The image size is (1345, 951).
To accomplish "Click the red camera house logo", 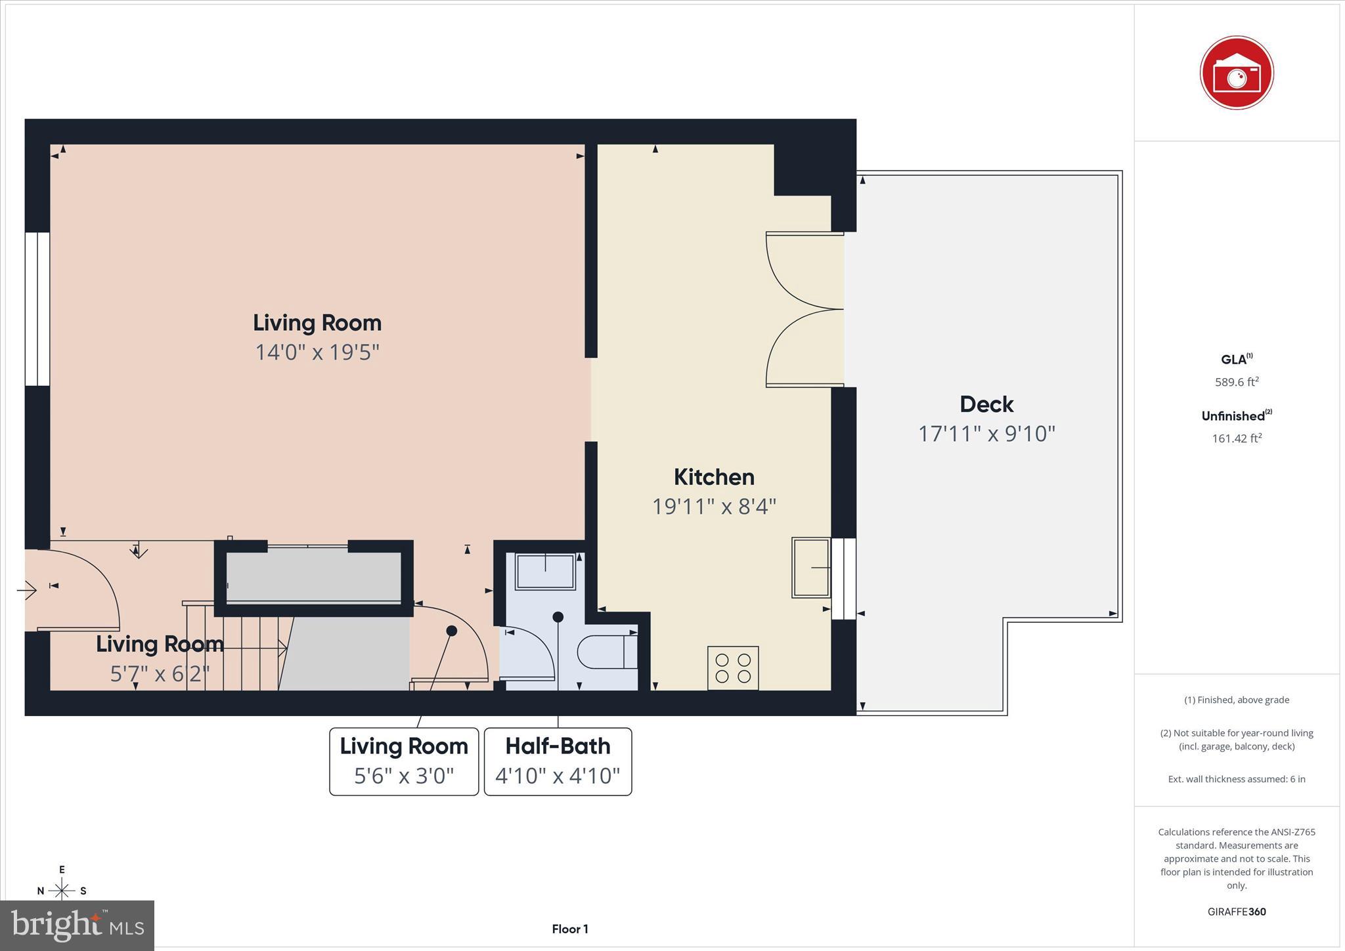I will pos(1236,73).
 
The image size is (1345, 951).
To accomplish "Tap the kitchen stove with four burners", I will pos(733,667).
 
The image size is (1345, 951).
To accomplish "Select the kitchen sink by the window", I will pos(810,567).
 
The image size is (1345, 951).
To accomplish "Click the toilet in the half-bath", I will pos(607,652).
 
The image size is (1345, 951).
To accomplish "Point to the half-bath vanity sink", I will pos(545,571).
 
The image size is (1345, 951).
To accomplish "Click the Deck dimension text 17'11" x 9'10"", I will pos(986,434).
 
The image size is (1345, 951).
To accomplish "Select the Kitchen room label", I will pos(714,476).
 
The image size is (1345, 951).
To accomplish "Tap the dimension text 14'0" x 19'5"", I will pos(317,352).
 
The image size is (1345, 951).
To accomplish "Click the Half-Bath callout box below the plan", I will pos(558,761).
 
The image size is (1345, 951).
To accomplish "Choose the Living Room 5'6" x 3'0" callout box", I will pos(404,761).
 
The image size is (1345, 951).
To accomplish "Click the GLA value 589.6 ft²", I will pos(1236,382).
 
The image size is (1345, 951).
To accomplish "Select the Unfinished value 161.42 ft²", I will pos(1236,438).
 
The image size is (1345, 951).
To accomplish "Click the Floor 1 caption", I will pos(569,929).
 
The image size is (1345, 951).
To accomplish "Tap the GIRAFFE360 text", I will pos(1236,912).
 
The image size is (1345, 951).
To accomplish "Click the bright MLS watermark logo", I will pos(77,925).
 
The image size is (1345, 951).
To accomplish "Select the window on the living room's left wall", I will pos(37,308).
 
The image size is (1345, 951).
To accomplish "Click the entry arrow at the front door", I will pos(26,591).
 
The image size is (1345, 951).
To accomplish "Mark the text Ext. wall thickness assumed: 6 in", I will pos(1236,779).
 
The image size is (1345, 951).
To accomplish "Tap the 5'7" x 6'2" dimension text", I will pos(160,674).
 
